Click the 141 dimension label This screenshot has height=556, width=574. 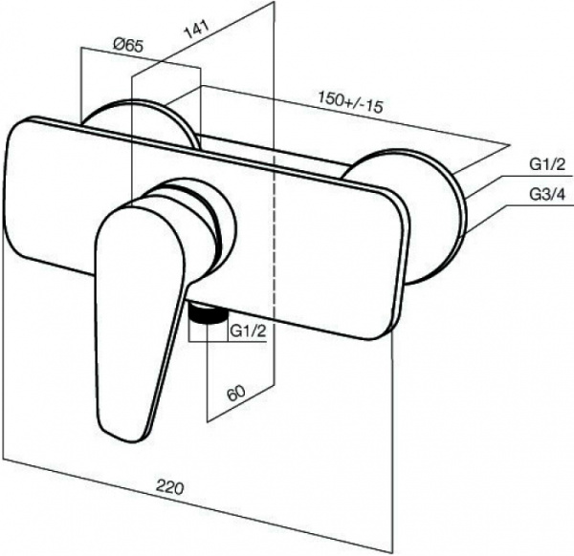click(196, 30)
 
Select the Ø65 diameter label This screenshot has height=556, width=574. click(128, 46)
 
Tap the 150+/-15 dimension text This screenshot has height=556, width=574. click(351, 101)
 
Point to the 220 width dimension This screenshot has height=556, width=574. click(169, 486)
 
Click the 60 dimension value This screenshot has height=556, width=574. click(235, 394)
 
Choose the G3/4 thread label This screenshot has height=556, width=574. click(547, 194)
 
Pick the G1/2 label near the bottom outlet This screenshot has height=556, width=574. click(248, 331)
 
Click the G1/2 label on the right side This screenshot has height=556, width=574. click(547, 165)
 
